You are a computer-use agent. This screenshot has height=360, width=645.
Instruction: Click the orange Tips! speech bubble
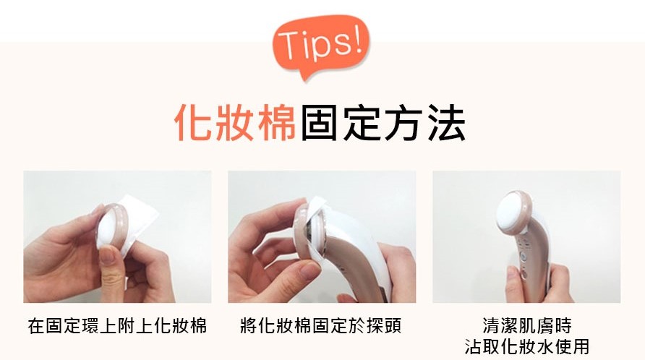pos(321,46)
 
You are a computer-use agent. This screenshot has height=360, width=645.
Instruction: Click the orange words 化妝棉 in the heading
pos(235,123)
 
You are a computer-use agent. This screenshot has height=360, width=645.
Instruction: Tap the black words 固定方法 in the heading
pos(383,123)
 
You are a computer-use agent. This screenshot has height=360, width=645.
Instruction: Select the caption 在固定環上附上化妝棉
pos(117,326)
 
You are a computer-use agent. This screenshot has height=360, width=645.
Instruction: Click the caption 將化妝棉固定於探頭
pos(321,326)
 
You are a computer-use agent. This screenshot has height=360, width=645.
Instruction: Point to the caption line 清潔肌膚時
pos(527,326)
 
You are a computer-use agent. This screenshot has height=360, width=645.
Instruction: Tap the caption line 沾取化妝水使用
pos(527,346)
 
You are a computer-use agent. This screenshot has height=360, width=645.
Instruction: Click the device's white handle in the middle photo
pos(362,255)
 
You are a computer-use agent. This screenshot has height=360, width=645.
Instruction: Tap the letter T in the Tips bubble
pos(289,46)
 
